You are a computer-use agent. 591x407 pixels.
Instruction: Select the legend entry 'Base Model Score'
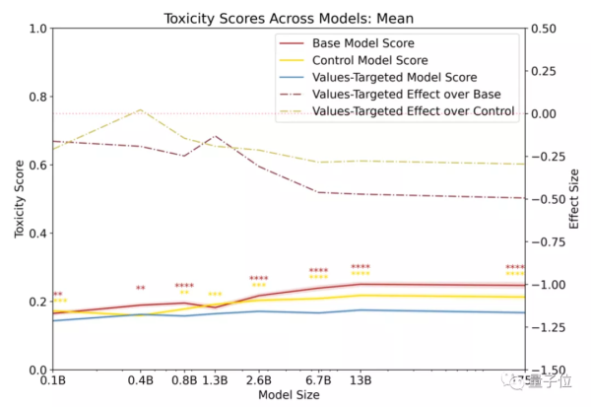pyautogui.click(x=362, y=43)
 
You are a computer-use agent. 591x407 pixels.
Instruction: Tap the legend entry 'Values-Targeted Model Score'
pyautogui.click(x=394, y=77)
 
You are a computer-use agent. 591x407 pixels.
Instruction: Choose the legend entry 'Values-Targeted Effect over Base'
pyautogui.click(x=406, y=94)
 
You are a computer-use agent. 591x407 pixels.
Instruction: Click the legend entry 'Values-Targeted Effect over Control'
pyautogui.click(x=413, y=111)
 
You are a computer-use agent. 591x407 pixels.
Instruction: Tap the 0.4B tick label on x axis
pyautogui.click(x=141, y=380)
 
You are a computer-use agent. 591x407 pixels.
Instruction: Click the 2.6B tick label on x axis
pyautogui.click(x=258, y=380)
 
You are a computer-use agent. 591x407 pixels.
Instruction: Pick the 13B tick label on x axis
pyautogui.click(x=361, y=380)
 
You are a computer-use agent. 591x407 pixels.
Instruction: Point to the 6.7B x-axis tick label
pyautogui.click(x=318, y=380)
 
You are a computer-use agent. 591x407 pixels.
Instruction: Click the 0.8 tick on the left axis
pyautogui.click(x=38, y=97)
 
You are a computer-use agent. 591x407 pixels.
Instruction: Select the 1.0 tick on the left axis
pyautogui.click(x=38, y=29)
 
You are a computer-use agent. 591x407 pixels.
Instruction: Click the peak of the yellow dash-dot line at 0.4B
pyautogui.click(x=141, y=109)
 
